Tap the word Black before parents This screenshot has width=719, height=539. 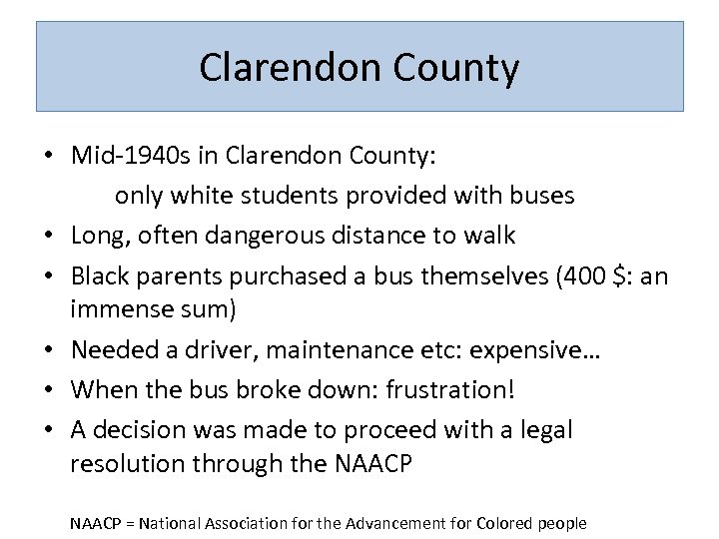click(x=100, y=275)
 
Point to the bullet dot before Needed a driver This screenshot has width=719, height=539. click(x=48, y=350)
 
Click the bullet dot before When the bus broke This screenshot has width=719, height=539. click(x=48, y=390)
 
